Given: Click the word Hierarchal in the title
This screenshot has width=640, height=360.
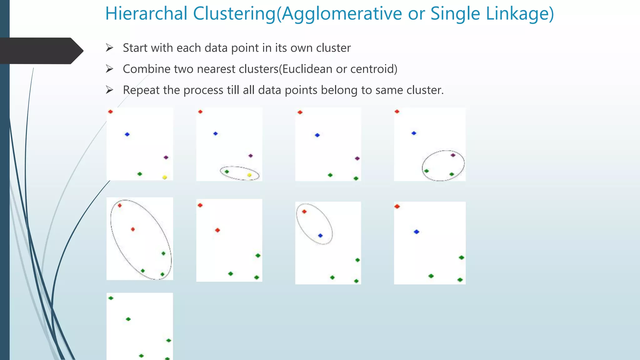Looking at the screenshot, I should point(146,14).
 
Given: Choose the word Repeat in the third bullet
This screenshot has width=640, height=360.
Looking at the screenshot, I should point(141,90).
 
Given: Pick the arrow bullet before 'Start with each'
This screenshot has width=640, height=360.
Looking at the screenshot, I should point(109,48).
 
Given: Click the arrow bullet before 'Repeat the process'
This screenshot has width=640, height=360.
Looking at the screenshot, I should point(109,90).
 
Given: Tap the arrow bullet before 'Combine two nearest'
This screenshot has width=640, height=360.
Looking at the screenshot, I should point(109,69).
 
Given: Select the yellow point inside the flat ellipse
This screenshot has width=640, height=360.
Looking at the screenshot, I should point(249,175).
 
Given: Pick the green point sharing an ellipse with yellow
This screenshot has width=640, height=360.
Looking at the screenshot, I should point(227,172).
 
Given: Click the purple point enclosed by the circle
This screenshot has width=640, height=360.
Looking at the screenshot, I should point(453,155).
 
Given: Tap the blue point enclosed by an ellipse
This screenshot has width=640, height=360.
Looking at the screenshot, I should point(320,236).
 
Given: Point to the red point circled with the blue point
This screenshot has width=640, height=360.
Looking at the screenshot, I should point(304,212).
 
